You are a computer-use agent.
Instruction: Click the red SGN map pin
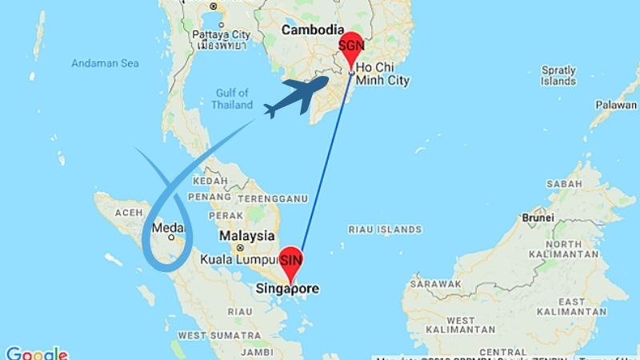(x=351, y=49)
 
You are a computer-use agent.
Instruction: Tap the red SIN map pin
(x=291, y=262)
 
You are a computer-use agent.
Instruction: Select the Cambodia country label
(x=311, y=30)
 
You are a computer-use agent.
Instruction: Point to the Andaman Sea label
(x=104, y=63)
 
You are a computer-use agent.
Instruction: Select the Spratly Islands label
(x=558, y=75)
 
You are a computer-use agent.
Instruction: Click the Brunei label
(x=537, y=217)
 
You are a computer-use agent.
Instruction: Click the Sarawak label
(x=435, y=284)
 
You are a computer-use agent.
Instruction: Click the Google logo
(x=36, y=353)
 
